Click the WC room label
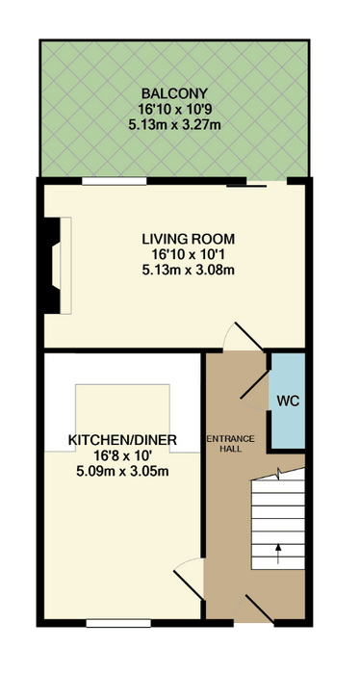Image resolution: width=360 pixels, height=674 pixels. coord(288,402)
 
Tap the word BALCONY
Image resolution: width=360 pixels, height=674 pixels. coord(175,92)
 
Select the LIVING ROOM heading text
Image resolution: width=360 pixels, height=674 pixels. coord(189,238)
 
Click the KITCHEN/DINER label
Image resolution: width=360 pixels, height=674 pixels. coord(122,440)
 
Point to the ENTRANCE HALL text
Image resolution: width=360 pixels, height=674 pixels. coord(231,444)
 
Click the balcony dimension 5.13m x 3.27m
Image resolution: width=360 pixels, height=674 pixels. coord(175,126)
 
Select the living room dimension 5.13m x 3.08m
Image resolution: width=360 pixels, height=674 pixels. coord(189,271)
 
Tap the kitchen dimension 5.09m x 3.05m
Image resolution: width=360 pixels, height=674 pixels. coord(122,472)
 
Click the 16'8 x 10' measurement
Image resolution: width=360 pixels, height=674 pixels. coord(122,456)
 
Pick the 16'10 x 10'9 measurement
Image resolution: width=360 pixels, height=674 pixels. coord(175,110)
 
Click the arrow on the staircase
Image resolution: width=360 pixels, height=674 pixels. coord(278,554)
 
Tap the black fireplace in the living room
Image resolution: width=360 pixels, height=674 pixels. coord(52,266)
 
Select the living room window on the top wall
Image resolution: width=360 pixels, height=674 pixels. coord(115,181)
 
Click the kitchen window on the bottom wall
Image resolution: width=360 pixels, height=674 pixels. coord(118,623)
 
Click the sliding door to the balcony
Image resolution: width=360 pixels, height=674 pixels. coord(246,186)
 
